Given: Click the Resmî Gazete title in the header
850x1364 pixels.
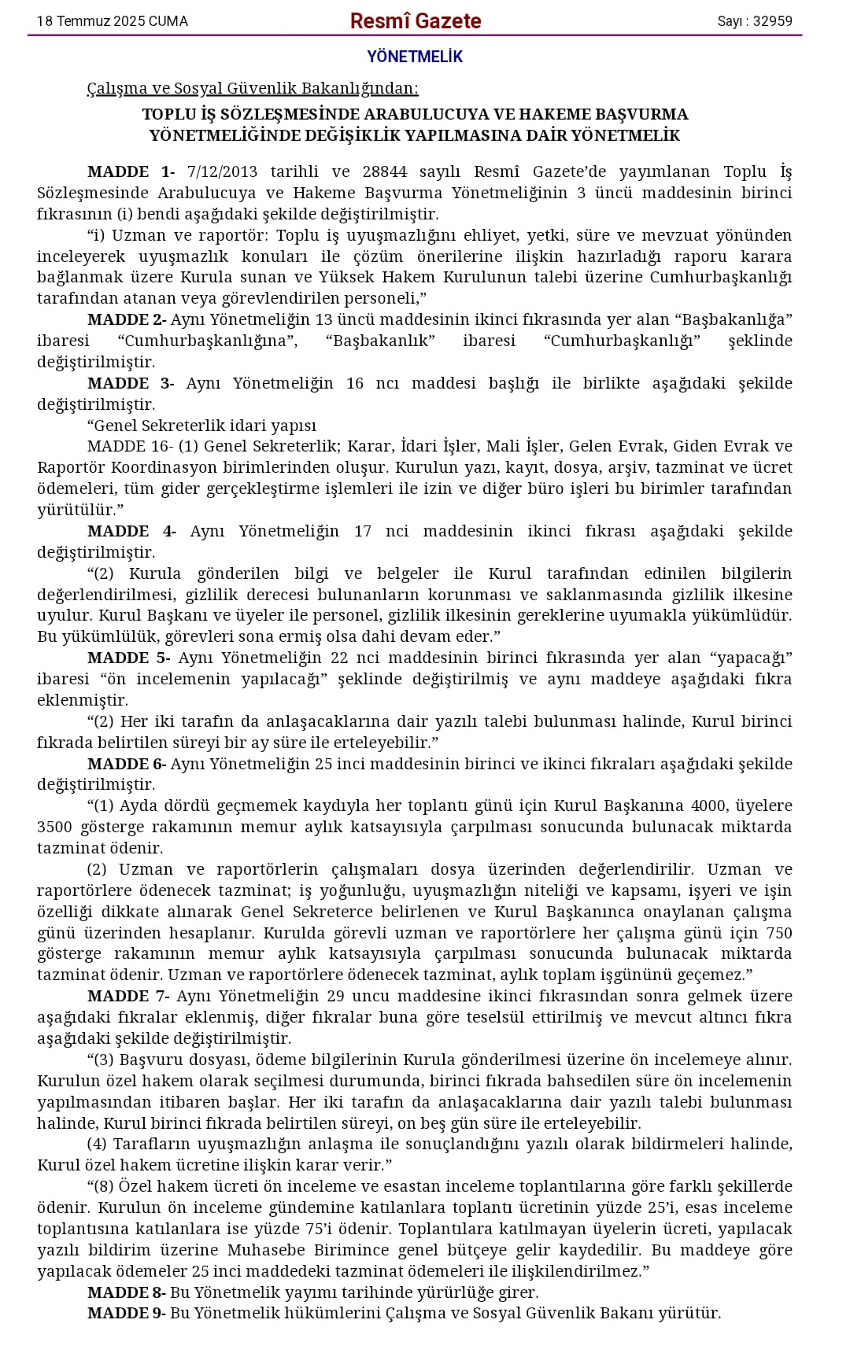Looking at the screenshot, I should click(x=416, y=21).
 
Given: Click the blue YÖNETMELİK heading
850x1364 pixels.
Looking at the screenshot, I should click(x=415, y=57).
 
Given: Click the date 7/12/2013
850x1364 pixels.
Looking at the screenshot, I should click(x=223, y=171).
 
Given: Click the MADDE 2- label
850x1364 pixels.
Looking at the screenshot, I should click(x=127, y=319).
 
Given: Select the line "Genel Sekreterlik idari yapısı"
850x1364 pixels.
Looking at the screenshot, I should click(x=201, y=426).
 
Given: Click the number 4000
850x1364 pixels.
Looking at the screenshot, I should click(x=708, y=805).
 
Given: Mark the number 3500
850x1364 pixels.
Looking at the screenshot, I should click(x=54, y=827).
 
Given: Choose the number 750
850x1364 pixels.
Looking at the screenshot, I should click(x=778, y=933).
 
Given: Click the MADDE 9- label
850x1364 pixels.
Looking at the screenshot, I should click(x=127, y=1313).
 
